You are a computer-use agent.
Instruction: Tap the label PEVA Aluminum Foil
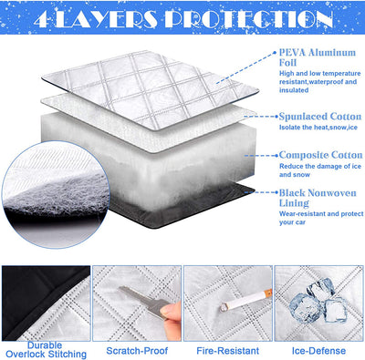[x=318, y=59]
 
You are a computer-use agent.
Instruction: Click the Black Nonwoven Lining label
[x=316, y=198]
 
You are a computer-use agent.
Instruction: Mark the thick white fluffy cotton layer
[x=182, y=164]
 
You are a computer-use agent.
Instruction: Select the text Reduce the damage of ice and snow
[x=315, y=172]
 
